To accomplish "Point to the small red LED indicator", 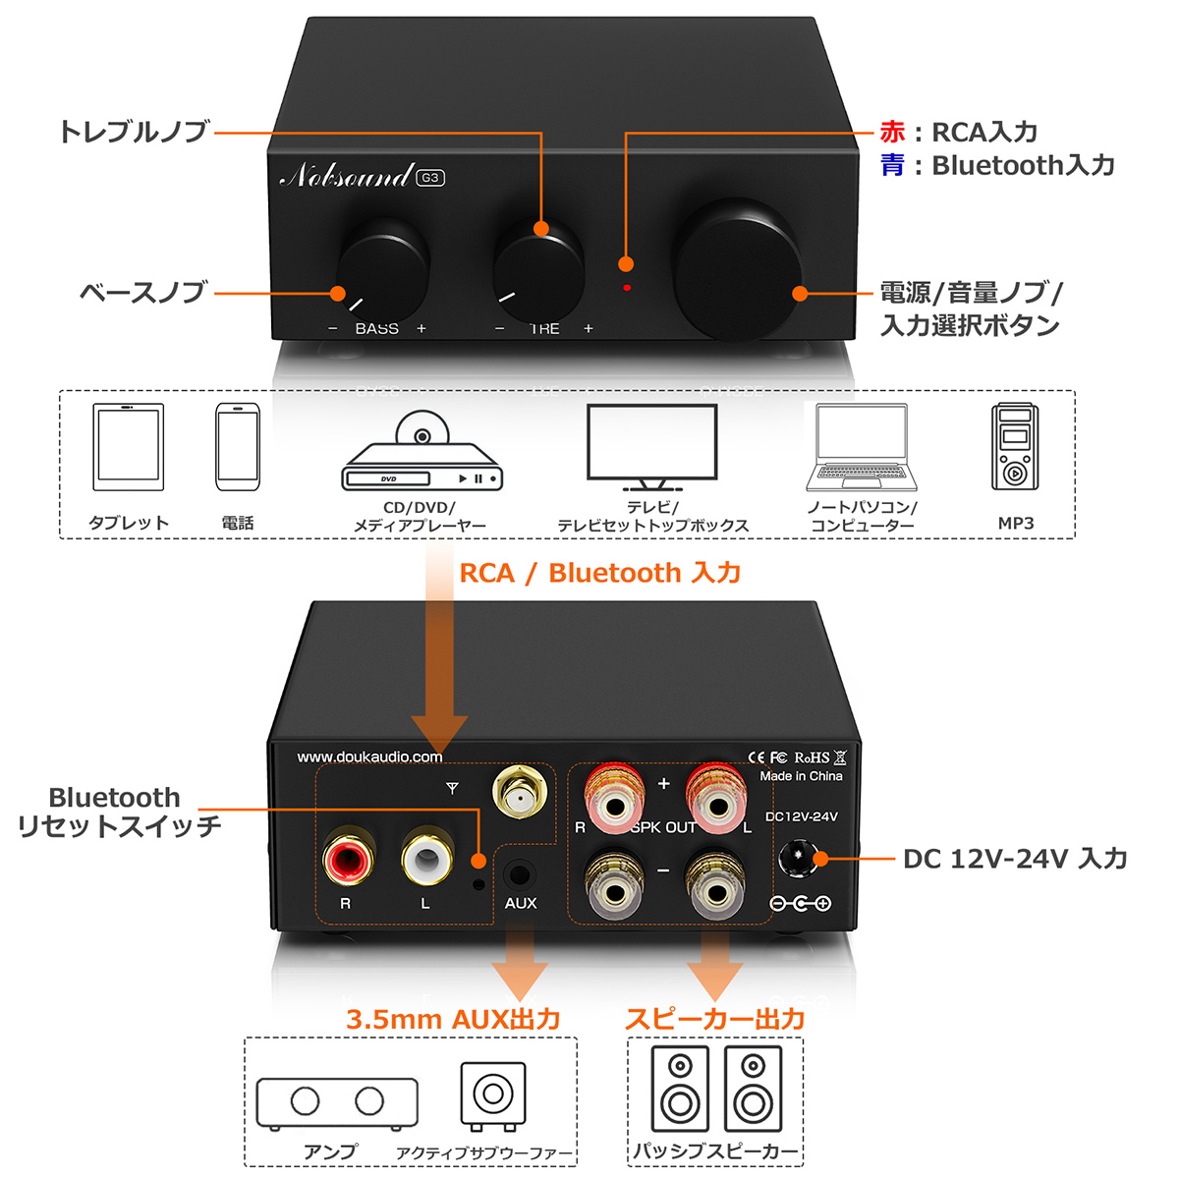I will [627, 288].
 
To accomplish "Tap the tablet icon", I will [128, 447].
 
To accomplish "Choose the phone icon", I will [238, 447].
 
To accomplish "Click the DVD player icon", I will [422, 457].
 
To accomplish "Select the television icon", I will [651, 447].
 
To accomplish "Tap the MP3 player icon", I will [1014, 447].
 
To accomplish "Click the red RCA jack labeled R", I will [348, 857].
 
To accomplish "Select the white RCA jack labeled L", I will [426, 857].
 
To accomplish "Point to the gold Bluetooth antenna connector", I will [520, 792].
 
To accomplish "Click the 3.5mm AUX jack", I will [520, 873].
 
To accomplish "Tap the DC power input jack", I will [798, 858].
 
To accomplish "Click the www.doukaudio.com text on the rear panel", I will [369, 757].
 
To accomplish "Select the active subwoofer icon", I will [493, 1095].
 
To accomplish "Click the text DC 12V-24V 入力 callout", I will [1015, 859].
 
